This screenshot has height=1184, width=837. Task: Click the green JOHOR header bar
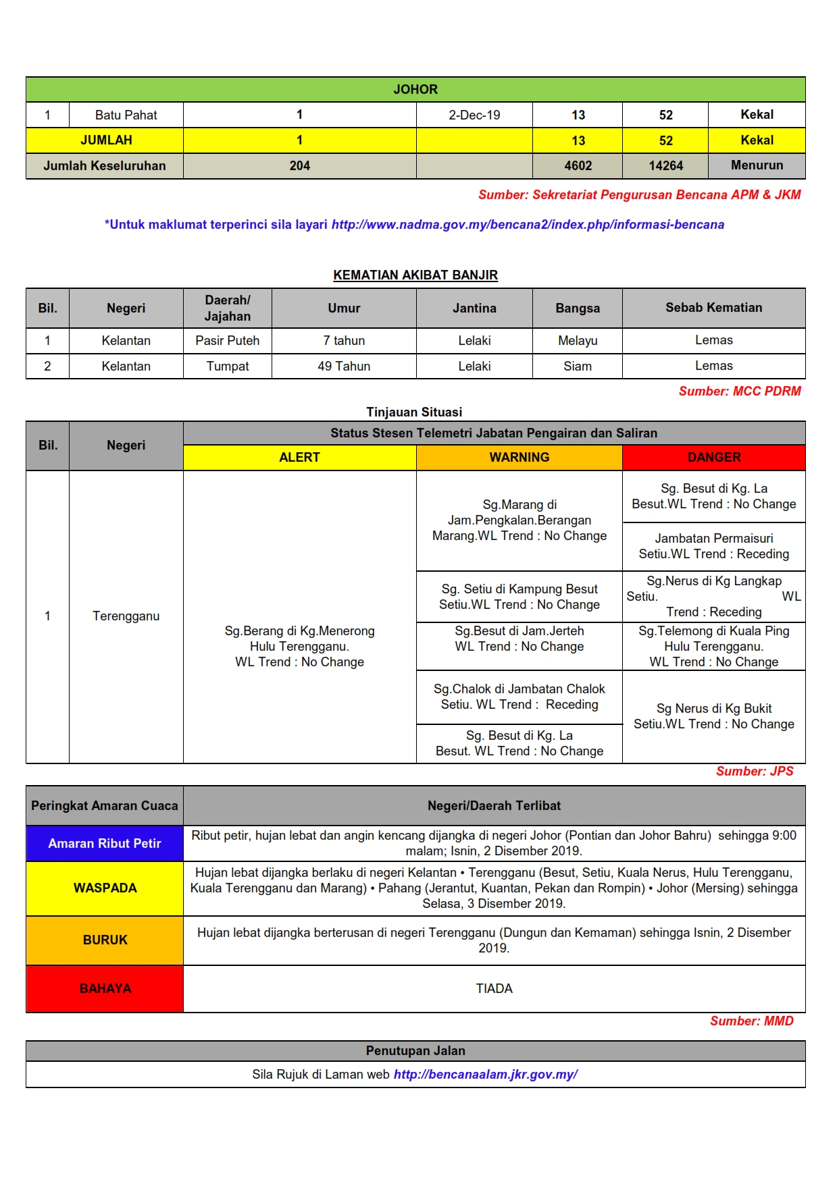click(415, 89)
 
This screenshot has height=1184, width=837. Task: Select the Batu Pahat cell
click(126, 115)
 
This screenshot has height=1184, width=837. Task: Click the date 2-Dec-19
click(474, 115)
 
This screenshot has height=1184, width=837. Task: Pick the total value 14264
click(665, 165)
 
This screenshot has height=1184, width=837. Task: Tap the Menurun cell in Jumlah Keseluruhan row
click(757, 165)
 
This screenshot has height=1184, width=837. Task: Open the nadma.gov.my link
click(528, 224)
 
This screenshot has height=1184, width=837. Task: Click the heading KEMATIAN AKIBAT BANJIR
click(415, 275)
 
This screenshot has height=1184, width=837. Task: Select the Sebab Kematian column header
click(713, 308)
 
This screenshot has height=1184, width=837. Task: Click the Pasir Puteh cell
click(227, 341)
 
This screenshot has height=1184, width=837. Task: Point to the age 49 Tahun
click(344, 366)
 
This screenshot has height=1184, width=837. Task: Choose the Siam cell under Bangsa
click(578, 366)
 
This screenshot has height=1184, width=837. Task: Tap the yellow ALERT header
click(299, 457)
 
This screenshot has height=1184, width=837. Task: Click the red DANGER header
click(713, 457)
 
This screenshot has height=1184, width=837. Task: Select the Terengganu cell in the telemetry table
click(126, 616)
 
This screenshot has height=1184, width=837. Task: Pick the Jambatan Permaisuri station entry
click(713, 546)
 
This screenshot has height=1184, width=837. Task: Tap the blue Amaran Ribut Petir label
click(105, 843)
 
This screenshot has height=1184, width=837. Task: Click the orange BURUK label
click(105, 940)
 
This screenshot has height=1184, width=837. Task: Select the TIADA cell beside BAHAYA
click(494, 988)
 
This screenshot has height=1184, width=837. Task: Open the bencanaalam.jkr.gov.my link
click(485, 1074)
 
